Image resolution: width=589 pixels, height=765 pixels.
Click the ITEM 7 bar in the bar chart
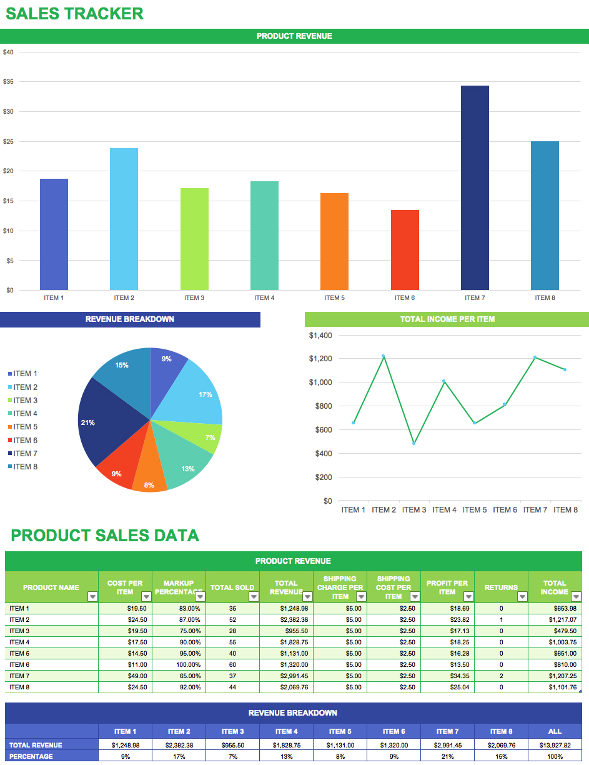click(x=475, y=187)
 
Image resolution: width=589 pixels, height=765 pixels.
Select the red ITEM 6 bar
click(x=405, y=250)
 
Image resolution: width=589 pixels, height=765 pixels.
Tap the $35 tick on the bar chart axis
click(x=8, y=82)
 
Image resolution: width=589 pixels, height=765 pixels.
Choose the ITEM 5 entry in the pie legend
click(x=26, y=427)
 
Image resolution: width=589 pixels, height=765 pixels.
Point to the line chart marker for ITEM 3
click(x=413, y=443)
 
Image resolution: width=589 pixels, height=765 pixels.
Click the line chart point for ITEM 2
click(x=384, y=356)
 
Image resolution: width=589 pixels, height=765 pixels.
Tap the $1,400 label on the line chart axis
click(x=320, y=336)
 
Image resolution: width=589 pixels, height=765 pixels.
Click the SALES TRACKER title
click(x=74, y=14)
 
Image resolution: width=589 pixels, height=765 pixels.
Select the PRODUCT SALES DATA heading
click(x=105, y=536)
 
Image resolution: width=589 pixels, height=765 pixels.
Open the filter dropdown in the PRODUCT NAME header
click(x=92, y=597)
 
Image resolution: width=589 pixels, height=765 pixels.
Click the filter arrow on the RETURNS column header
click(x=522, y=597)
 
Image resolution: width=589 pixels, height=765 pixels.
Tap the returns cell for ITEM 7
click(x=501, y=676)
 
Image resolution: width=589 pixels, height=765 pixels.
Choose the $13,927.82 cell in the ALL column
click(x=555, y=745)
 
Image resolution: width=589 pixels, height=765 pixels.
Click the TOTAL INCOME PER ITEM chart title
click(x=447, y=319)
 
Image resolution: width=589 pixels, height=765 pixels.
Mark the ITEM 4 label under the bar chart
click(x=264, y=298)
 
